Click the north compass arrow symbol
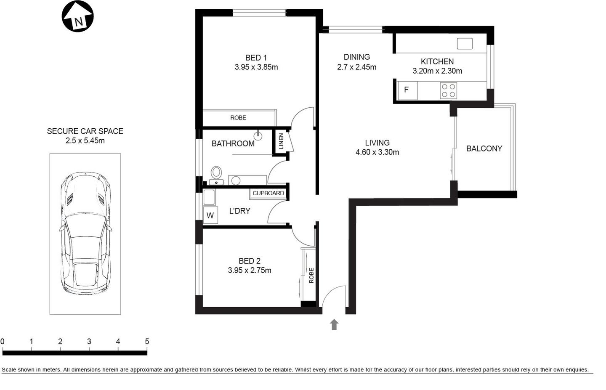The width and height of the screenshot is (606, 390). [78, 17]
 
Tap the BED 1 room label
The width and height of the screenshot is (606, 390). [256, 58]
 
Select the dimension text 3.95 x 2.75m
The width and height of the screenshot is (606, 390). [250, 271]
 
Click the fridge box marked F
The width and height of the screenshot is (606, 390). [407, 90]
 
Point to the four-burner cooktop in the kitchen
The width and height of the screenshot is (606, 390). [448, 90]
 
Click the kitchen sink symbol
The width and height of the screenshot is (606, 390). [465, 43]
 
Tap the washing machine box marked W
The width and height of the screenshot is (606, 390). [210, 215]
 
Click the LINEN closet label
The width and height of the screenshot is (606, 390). [281, 141]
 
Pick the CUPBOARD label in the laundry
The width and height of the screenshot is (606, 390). [268, 193]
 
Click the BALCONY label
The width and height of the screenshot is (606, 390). [484, 149]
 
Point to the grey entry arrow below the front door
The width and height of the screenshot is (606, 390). [334, 324]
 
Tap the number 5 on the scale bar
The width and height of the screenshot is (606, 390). [147, 342]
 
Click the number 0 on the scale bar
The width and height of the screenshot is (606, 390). [3, 342]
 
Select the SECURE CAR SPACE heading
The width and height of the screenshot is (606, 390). [85, 131]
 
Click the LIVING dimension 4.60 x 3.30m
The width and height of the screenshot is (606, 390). [377, 152]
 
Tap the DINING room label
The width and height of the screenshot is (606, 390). [356, 57]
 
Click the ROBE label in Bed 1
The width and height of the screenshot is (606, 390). [238, 118]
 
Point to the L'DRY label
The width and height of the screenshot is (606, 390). [239, 211]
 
